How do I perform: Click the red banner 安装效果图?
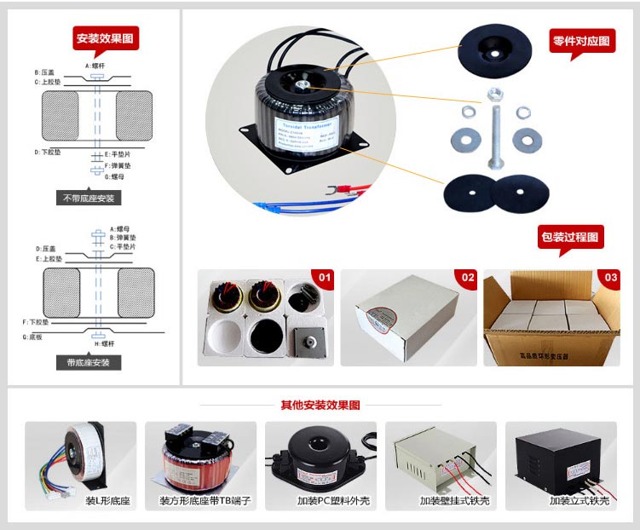coord(107,38)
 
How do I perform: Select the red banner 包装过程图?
coord(570,238)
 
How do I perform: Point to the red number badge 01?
coord(324,278)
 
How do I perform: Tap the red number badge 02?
coord(467,278)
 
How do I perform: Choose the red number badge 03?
coord(610,278)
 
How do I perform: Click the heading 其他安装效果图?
coord(320,405)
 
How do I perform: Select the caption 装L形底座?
coord(108,501)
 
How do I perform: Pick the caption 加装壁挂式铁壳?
coord(442,501)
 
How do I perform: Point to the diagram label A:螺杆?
coord(95,66)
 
